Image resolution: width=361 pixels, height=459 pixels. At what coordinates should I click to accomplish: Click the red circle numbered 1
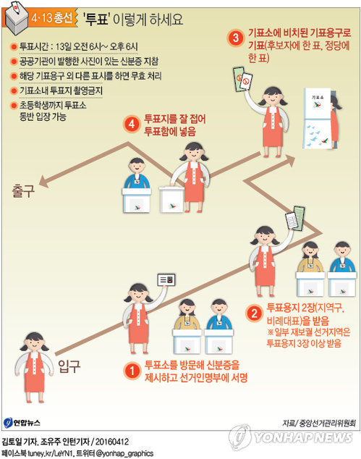point(132,371)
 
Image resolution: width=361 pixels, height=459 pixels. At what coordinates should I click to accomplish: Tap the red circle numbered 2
point(254,313)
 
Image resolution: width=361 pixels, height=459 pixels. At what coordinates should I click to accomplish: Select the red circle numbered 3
point(236,38)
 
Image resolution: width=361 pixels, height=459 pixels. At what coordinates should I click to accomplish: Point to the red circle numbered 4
point(132,125)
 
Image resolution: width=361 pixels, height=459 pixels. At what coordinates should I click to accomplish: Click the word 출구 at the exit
point(23,191)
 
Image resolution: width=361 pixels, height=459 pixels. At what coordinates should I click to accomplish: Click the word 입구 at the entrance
point(69,366)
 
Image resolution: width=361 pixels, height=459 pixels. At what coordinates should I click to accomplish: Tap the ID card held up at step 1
point(166,280)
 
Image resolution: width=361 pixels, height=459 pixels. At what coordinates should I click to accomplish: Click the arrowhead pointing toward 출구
point(44,182)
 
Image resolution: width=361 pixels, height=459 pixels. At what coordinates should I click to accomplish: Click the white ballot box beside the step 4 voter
point(171,199)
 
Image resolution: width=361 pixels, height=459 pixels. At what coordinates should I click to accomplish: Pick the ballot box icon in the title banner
point(17,18)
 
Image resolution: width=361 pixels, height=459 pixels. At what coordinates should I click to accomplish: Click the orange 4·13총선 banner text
point(52,18)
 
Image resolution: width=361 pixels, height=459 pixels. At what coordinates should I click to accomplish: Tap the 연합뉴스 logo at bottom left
point(22,423)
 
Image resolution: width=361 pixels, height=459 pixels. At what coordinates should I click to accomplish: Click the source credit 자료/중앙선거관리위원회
point(319,423)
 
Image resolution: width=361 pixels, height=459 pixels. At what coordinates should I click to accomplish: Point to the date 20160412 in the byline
point(112,442)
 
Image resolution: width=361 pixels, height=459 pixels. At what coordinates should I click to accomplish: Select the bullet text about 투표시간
point(78,46)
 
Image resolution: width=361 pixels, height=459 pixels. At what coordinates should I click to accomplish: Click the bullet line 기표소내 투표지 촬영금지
point(61,90)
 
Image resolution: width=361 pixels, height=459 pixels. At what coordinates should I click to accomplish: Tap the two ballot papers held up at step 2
point(295,218)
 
